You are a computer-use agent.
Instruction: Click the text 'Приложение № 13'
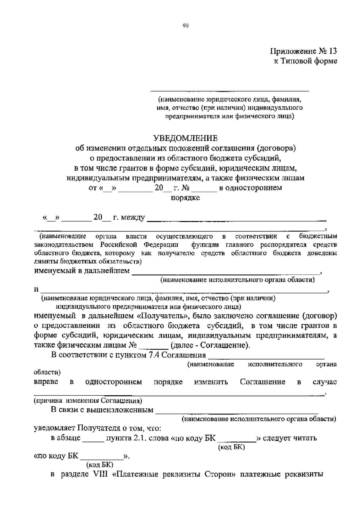[303, 51]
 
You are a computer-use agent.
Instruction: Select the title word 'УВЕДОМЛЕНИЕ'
[185, 138]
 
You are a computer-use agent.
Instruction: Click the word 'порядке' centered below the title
[185, 198]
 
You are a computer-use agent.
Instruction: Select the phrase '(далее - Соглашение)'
[210, 345]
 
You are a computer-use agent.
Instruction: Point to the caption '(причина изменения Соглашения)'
[88, 401]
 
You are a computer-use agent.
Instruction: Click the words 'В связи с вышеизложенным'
[102, 410]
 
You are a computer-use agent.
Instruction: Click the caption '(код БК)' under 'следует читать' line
[231, 447]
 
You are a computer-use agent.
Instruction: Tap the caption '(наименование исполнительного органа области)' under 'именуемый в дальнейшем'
[237, 280]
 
